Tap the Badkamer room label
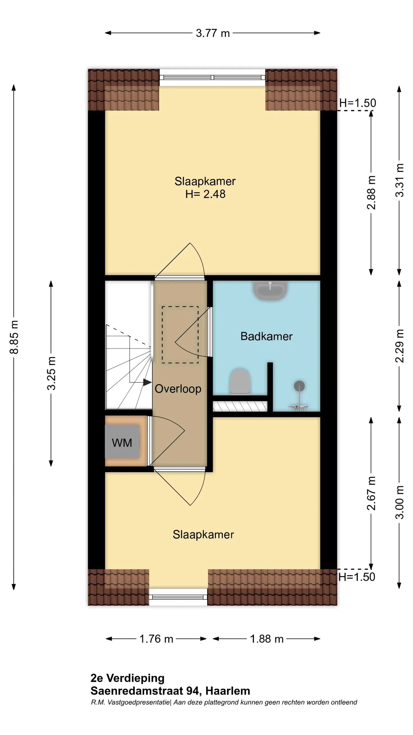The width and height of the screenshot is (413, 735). (266, 336)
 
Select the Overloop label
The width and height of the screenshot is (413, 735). (178, 389)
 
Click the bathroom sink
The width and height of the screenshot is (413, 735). (270, 291)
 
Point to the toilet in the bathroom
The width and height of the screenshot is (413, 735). (240, 382)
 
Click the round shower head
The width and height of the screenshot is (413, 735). (299, 386)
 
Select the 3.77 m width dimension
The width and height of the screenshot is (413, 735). (213, 33)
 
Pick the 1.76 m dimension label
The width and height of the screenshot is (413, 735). (156, 639)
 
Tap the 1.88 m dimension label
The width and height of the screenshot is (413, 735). (267, 639)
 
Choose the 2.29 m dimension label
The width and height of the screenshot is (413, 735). (399, 346)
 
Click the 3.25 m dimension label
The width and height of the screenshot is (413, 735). (51, 373)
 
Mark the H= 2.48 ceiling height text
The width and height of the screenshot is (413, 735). (205, 194)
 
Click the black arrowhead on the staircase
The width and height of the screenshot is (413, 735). (147, 382)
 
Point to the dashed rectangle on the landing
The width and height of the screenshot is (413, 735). (180, 335)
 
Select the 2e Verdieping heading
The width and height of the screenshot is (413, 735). (128, 678)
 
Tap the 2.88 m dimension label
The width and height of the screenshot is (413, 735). (371, 192)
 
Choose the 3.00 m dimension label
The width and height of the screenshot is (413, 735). (399, 502)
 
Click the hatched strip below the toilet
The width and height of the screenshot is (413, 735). (240, 406)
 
